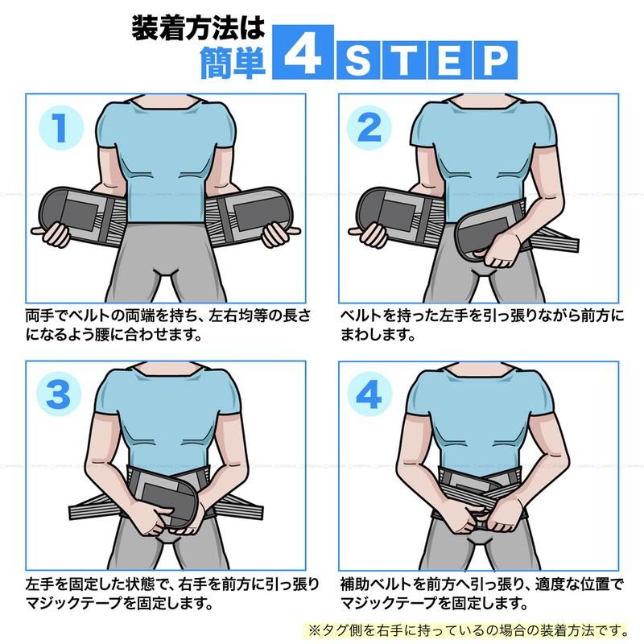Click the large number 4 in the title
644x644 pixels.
click(x=303, y=52)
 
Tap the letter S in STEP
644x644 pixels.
click(x=358, y=60)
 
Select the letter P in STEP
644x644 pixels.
click(x=496, y=60)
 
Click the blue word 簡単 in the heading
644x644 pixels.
click(x=233, y=63)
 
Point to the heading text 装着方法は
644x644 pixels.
click(x=199, y=28)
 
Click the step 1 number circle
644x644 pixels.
click(x=61, y=127)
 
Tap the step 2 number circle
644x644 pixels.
click(x=369, y=127)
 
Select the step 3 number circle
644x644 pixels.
click(x=59, y=394)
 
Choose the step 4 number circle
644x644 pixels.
click(x=369, y=394)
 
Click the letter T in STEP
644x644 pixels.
click(x=405, y=60)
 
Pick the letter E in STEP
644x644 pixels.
click(x=450, y=60)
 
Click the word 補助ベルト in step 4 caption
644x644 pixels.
click(x=376, y=583)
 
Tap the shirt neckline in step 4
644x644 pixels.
click(x=479, y=371)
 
